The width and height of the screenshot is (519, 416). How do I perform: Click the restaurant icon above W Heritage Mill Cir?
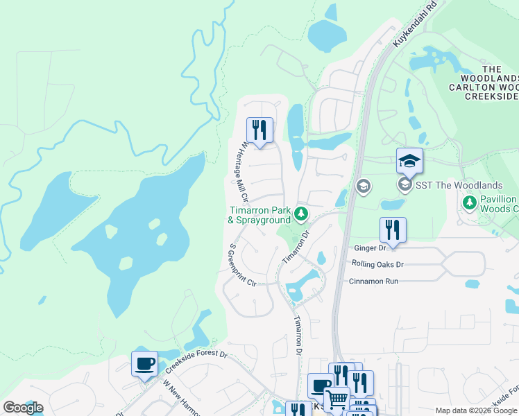click(x=259, y=130)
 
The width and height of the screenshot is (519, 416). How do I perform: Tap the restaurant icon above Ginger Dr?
click(x=393, y=229)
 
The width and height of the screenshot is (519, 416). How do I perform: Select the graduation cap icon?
click(x=409, y=161)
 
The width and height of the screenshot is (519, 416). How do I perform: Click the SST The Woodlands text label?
click(x=459, y=185)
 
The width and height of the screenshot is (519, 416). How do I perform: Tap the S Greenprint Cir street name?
click(x=242, y=266)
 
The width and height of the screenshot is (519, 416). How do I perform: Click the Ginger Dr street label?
click(x=369, y=248)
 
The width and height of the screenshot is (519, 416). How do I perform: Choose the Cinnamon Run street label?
click(x=373, y=281)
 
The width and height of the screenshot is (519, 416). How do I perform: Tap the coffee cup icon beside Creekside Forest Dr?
click(x=144, y=364)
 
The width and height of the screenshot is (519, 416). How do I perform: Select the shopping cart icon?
click(x=337, y=399)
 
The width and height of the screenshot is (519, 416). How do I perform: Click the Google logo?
click(x=23, y=408)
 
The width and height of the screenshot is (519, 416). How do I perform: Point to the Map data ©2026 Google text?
click(x=476, y=410)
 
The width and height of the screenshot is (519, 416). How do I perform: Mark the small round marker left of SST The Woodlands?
click(x=362, y=186)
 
